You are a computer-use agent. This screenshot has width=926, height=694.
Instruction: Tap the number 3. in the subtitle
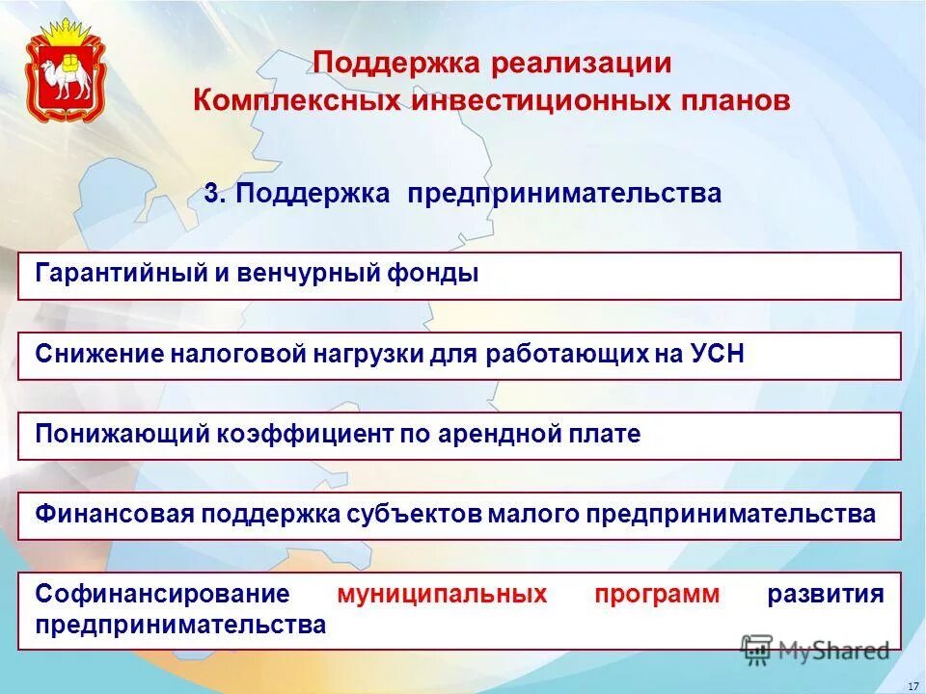[215, 194]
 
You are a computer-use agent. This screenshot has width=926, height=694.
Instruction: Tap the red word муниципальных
[442, 594]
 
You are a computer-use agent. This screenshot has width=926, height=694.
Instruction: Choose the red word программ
[657, 594]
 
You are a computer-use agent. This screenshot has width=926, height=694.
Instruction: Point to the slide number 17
[912, 685]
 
